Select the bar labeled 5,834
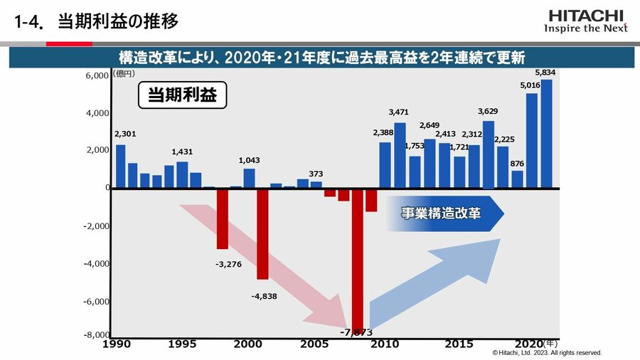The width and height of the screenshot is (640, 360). [x=546, y=134]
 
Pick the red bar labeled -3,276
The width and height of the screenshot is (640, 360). [x=223, y=218]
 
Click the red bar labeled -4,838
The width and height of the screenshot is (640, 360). [x=262, y=233]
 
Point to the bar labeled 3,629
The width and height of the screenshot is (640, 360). [x=488, y=154]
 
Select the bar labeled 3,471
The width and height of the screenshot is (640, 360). [x=400, y=155]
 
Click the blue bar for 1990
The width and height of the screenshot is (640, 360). [x=120, y=166]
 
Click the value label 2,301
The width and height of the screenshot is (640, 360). [x=124, y=134]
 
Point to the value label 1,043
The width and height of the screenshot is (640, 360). [x=249, y=160]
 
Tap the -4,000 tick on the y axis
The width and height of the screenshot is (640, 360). [x=95, y=264]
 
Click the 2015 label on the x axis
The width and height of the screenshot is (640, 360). [x=459, y=344]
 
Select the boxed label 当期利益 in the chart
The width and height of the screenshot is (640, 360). [x=181, y=95]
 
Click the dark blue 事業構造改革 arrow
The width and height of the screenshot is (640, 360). [x=444, y=213]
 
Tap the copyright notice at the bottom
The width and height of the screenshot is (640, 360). [x=547, y=353]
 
